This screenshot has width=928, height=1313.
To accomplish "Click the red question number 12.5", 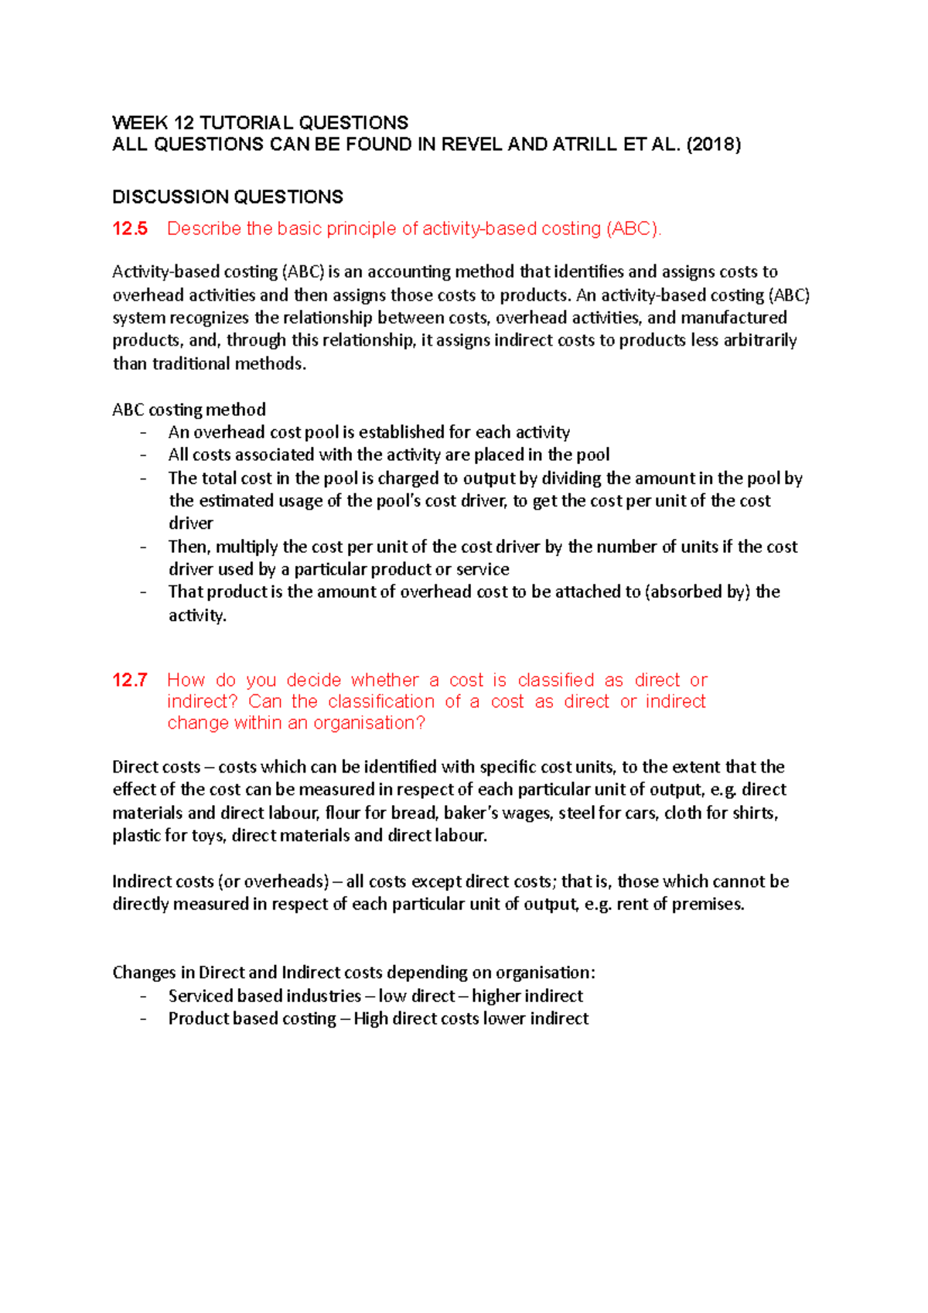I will coord(130,229).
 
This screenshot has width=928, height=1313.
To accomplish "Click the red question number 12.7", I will coord(130,680).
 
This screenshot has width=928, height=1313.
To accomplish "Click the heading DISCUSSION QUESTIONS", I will coord(227,197).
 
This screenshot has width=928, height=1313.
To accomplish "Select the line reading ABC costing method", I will coord(189,410).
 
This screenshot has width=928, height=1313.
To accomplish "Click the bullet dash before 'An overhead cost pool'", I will coord(143,433).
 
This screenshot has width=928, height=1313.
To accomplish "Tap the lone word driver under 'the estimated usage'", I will coord(190,523).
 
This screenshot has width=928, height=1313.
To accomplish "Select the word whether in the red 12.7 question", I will coord(384,680).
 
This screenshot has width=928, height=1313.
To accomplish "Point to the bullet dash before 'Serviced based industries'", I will coord(143,997).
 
